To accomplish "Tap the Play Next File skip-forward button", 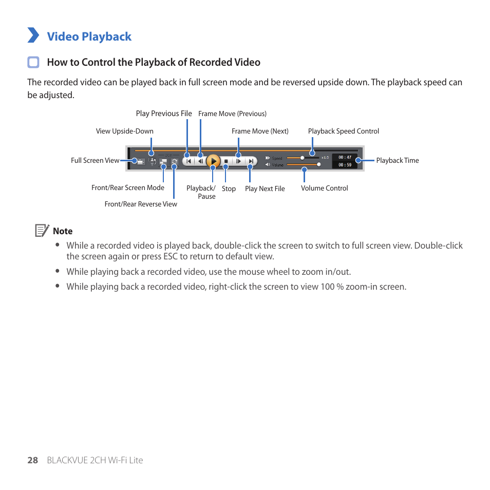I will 251,161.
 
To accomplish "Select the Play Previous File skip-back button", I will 188,161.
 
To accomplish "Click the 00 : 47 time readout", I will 345,157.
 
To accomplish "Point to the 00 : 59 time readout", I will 345,165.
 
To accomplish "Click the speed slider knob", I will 303,157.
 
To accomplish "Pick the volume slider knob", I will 319,164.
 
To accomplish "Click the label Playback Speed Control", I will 343,131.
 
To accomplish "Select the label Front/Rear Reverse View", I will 141,204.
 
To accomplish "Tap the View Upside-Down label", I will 124,131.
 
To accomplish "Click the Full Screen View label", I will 95,160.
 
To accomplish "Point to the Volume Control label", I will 324,188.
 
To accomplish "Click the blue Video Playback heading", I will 89,36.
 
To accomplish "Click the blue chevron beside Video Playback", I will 33,35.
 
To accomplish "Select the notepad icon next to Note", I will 42,231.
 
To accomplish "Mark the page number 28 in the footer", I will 33,460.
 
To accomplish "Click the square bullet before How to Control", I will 33,62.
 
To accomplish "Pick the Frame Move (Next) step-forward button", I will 238,161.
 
